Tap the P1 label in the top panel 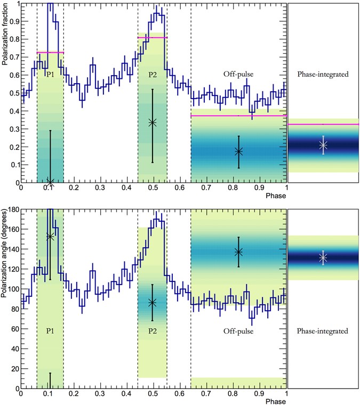(x=50, y=75)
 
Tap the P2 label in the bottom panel (x=153, y=331)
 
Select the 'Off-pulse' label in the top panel (x=238, y=75)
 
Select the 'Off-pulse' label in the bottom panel (x=238, y=331)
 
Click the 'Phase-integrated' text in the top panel (x=323, y=75)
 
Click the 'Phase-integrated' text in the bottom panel (x=323, y=331)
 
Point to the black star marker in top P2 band (x=153, y=123)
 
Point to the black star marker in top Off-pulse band (x=238, y=151)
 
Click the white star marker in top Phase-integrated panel (x=323, y=145)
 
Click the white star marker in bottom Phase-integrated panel (x=323, y=258)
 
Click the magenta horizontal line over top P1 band (x=50, y=52)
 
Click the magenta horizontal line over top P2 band (x=153, y=38)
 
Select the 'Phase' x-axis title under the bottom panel (x=277, y=400)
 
